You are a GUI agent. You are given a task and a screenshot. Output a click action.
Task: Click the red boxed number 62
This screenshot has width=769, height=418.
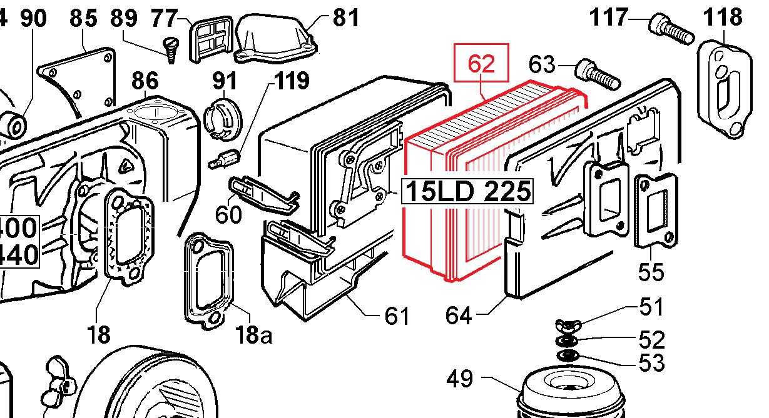[481, 63]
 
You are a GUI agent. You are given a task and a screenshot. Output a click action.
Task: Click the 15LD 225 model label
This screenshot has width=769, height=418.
[467, 191]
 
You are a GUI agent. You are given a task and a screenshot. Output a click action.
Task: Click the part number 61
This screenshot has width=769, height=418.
[397, 316]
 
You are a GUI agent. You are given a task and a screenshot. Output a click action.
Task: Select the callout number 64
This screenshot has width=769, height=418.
[460, 315]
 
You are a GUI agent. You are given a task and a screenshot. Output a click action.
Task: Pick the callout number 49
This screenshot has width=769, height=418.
[461, 379]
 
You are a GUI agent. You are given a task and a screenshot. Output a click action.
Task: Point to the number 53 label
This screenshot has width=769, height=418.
[651, 362]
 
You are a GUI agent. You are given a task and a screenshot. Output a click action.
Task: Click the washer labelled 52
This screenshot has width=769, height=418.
[567, 341]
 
